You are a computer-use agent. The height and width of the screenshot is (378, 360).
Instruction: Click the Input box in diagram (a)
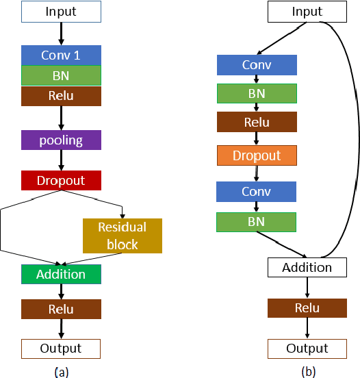[61, 12]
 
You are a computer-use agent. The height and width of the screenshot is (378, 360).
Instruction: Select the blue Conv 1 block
[61, 55]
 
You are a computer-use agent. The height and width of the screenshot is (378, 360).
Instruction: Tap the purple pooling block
[61, 140]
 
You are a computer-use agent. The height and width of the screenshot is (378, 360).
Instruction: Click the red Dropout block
[61, 181]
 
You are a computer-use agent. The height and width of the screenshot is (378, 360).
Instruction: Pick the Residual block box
[123, 236]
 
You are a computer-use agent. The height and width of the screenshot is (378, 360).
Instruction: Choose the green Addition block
[61, 274]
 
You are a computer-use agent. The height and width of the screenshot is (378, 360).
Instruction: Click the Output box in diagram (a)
[61, 349]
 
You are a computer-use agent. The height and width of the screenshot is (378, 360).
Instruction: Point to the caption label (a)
[61, 372]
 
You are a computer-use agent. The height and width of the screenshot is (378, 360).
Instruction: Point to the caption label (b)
[308, 372]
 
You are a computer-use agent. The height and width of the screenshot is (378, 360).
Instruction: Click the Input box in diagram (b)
[307, 12]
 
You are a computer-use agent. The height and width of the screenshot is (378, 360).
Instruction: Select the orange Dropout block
[257, 155]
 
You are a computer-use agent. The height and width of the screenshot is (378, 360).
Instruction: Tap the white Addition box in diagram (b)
[307, 267]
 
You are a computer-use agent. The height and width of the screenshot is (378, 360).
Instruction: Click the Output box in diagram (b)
[307, 349]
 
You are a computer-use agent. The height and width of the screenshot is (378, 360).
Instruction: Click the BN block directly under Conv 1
[61, 75]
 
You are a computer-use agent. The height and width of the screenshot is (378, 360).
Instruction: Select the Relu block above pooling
[61, 97]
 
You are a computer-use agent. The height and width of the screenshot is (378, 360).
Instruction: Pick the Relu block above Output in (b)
[307, 308]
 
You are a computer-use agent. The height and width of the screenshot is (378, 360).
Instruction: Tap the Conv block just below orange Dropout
[257, 192]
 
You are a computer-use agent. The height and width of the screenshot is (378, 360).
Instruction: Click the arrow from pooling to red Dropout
[61, 160]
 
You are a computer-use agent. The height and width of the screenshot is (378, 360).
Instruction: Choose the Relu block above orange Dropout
[257, 123]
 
